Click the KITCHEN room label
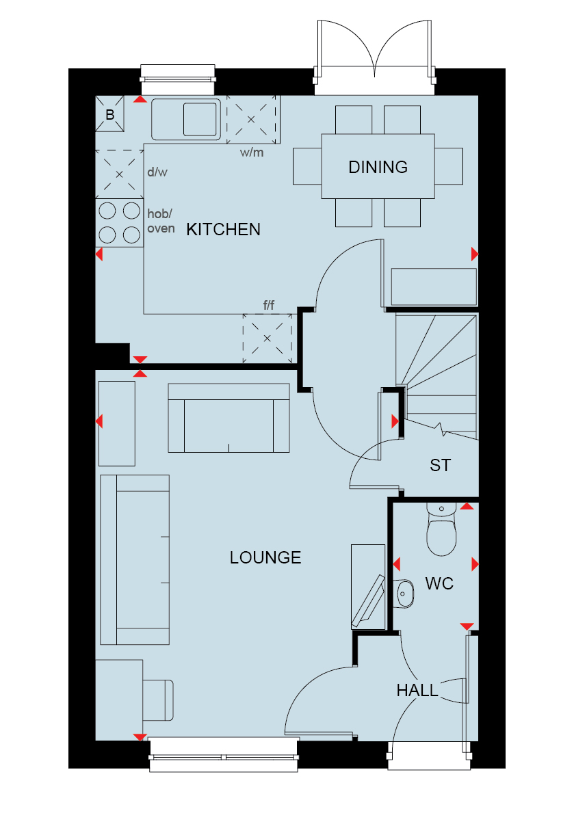click(223, 230)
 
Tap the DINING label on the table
click(378, 167)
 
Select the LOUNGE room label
click(265, 557)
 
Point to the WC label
click(439, 584)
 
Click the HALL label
click(417, 691)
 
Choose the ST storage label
click(441, 465)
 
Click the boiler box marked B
click(109, 114)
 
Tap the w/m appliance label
click(252, 152)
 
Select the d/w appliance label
click(157, 172)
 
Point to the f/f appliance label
click(268, 305)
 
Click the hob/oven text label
click(161, 221)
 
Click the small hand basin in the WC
click(404, 594)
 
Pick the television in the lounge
click(369, 601)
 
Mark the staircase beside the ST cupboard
click(437, 375)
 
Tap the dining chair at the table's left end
click(307, 166)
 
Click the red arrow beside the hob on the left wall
click(99, 254)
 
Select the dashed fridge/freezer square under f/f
click(268, 338)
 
